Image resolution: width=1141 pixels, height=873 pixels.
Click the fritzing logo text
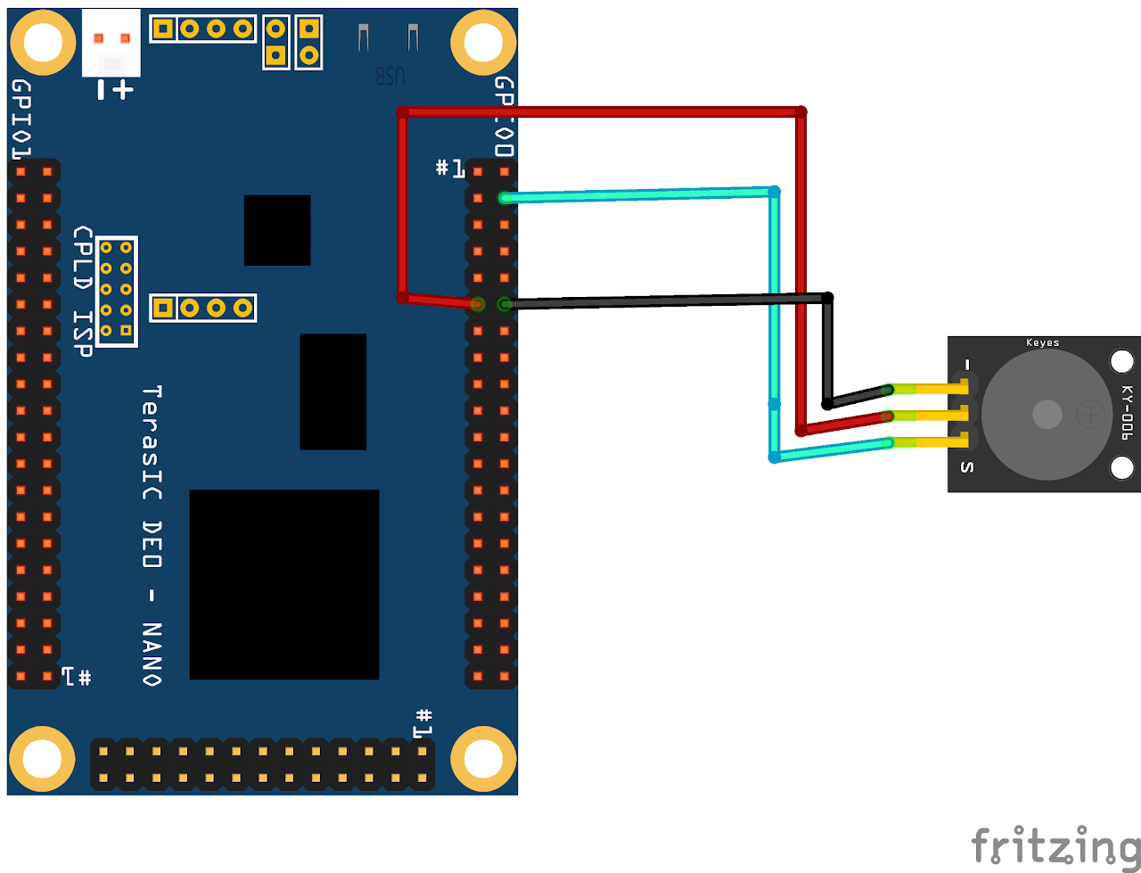(1055, 845)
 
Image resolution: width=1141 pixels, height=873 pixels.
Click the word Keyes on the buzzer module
(1042, 342)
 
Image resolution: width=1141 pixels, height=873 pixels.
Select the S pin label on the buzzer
(966, 467)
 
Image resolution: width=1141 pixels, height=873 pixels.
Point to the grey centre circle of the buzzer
(1047, 414)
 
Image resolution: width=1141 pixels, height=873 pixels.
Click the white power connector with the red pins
(111, 43)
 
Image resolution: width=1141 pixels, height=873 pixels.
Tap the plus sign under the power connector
(122, 89)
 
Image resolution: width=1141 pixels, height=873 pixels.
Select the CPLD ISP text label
(83, 291)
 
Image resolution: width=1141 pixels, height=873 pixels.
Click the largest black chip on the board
(283, 584)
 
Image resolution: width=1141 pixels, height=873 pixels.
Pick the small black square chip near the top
(277, 230)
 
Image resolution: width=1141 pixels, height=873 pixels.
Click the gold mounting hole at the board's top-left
(42, 41)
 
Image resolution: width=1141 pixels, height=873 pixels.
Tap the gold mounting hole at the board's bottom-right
(484, 759)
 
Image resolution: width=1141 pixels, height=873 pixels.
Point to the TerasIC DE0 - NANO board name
(152, 535)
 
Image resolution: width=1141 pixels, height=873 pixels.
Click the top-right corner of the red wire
(800, 112)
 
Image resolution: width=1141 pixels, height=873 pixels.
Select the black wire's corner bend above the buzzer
(827, 298)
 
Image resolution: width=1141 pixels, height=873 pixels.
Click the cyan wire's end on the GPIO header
(505, 197)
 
